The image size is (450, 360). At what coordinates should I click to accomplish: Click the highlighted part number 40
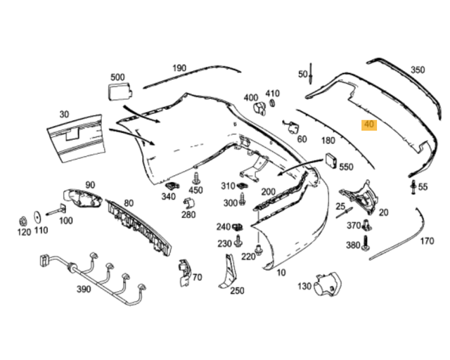368,125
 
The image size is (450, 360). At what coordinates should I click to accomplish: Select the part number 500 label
117,77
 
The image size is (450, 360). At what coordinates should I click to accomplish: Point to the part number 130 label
304,286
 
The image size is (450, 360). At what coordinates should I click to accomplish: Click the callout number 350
418,70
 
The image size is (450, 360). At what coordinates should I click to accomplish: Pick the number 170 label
427,241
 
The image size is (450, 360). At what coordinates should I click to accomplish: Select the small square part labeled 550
329,162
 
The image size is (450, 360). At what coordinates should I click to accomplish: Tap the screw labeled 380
367,244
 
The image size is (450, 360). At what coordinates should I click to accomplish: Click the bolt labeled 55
411,187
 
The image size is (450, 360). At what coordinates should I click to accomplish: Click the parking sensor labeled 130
328,284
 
